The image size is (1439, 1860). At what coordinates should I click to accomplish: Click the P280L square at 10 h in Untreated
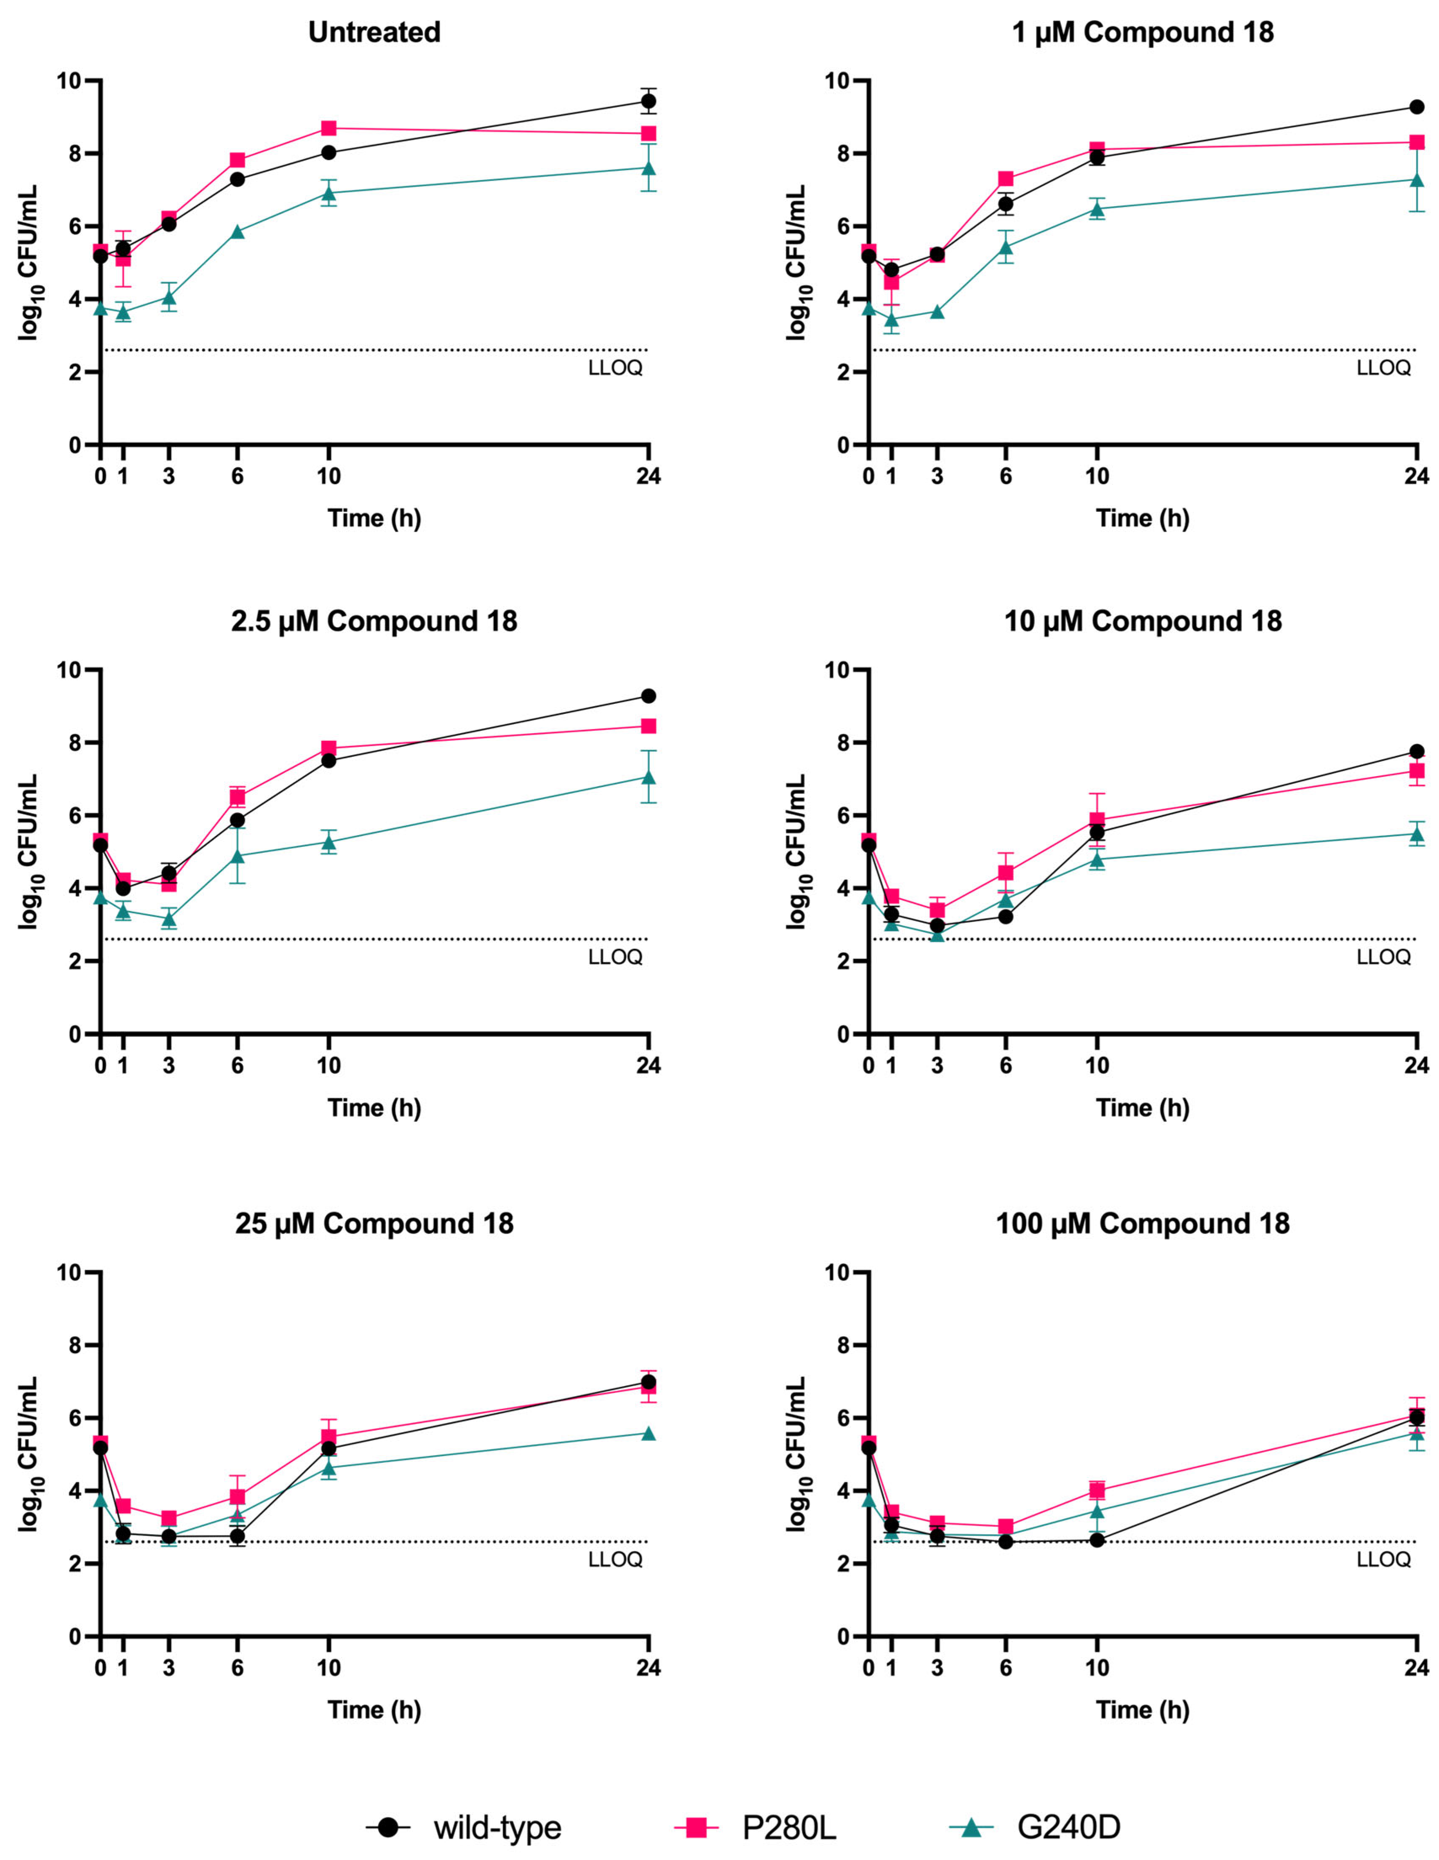[329, 129]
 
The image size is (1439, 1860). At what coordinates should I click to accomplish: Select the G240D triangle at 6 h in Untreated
[238, 232]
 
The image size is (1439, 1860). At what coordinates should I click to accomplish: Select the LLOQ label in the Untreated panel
[615, 369]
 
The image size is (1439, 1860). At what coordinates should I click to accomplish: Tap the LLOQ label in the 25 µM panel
[615, 1559]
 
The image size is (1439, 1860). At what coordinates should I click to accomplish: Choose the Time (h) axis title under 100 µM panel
[1143, 1709]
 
